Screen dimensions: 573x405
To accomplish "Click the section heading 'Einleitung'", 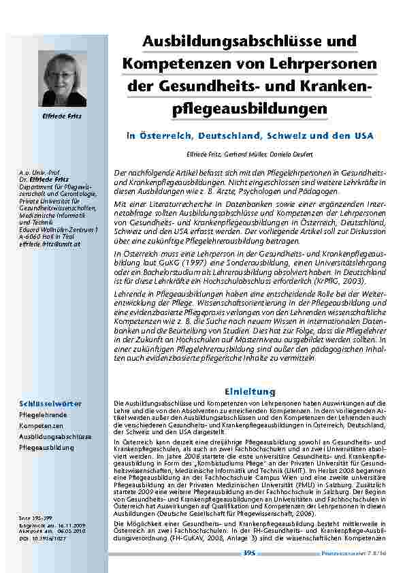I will coord(250,391).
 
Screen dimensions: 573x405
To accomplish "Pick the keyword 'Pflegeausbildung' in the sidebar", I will coord(47,448).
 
